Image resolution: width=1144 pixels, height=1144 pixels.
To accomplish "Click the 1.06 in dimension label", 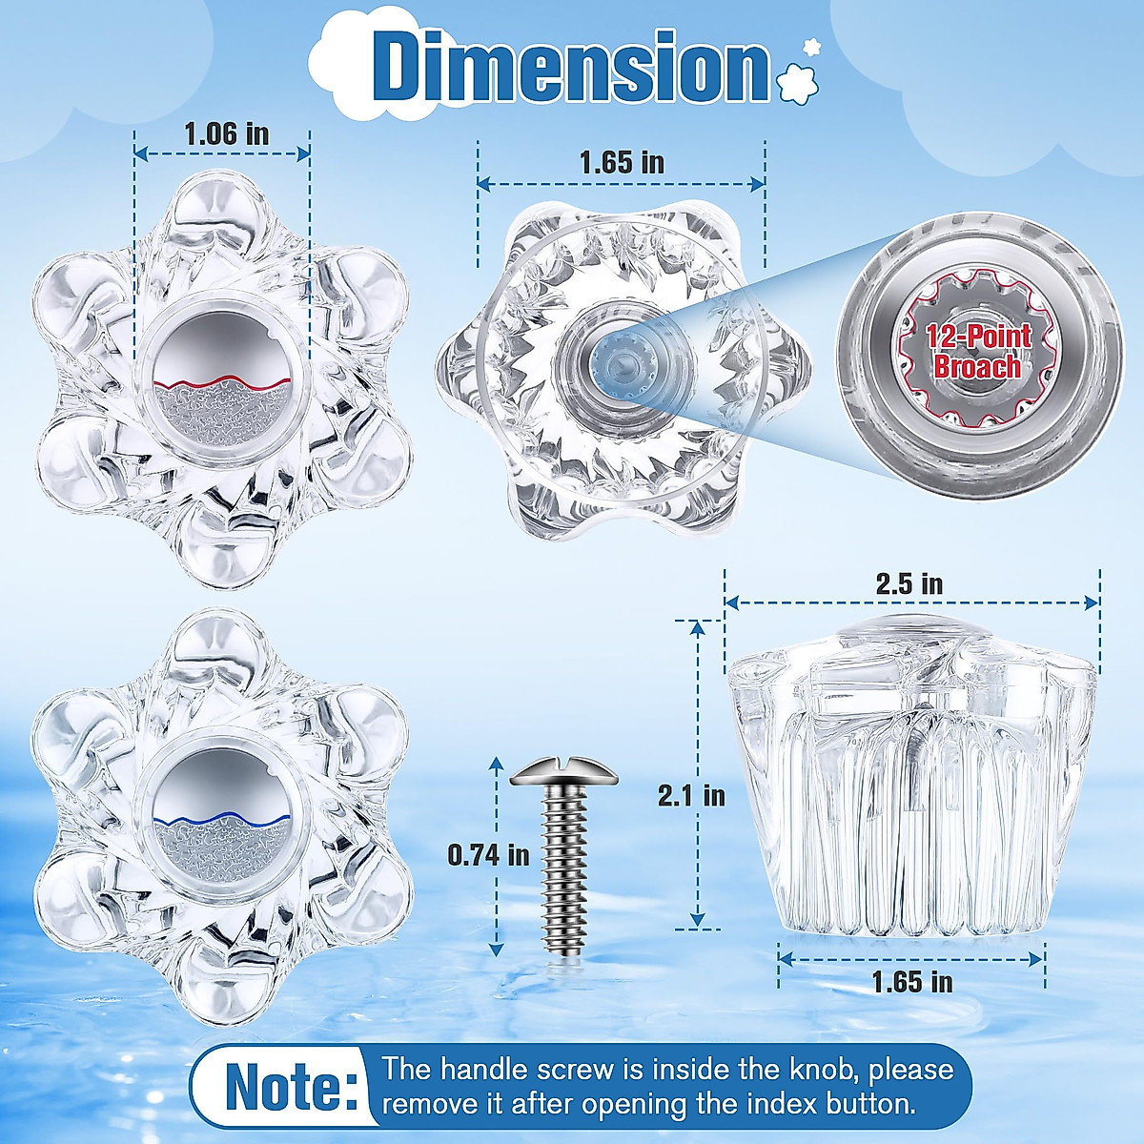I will tap(226, 133).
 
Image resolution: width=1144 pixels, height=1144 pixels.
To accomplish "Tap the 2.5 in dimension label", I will tap(909, 583).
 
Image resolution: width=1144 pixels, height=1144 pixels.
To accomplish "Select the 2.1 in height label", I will tap(691, 794).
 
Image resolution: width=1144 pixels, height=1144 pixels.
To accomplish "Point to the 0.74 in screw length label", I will tap(488, 854).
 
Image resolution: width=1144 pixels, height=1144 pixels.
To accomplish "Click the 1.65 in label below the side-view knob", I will tap(911, 981).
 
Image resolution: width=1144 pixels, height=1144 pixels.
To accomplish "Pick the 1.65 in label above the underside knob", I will tap(622, 162).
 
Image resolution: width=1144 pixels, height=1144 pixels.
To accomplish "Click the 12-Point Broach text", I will tap(977, 351).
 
